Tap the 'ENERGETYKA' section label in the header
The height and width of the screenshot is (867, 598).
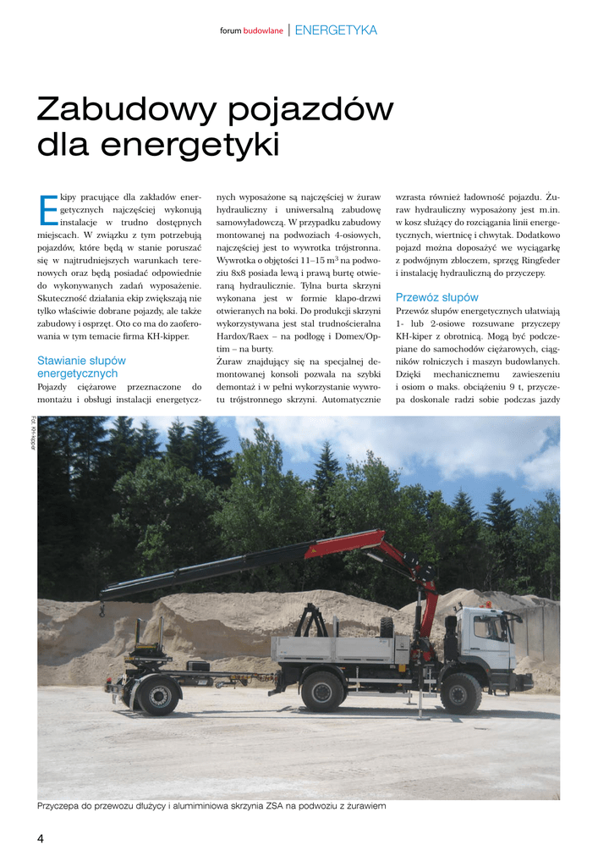pyautogui.click(x=336, y=30)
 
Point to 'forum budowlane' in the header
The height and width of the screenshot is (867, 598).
pyautogui.click(x=251, y=31)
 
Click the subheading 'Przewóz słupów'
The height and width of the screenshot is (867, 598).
pyautogui.click(x=436, y=297)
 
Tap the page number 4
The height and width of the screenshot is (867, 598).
pyautogui.click(x=41, y=838)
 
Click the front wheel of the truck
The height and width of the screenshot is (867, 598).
pyautogui.click(x=461, y=692)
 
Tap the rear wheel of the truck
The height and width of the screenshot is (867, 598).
pyautogui.click(x=322, y=691)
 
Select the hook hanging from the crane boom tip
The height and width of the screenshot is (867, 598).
pyautogui.click(x=101, y=609)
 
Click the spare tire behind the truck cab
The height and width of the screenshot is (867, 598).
pyautogui.click(x=387, y=627)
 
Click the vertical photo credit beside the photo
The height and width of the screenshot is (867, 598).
pyautogui.click(x=33, y=433)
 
